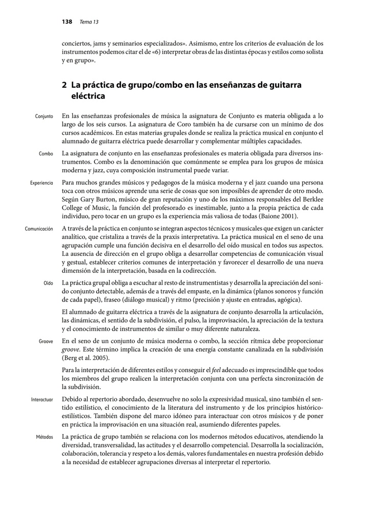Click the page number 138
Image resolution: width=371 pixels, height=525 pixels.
[x=66, y=22]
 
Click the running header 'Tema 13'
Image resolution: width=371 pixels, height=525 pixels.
[x=89, y=22]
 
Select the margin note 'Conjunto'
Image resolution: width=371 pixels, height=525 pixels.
[x=44, y=116]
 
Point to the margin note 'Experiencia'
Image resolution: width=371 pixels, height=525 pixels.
[x=40, y=183]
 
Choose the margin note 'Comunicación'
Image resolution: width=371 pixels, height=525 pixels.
[x=38, y=229]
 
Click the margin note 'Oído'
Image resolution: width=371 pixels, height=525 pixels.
[x=48, y=283]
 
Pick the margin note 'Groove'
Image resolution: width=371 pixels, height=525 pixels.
[x=46, y=341]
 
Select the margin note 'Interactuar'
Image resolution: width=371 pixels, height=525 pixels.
[x=42, y=399]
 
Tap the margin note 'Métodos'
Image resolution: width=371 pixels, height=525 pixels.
[x=45, y=437]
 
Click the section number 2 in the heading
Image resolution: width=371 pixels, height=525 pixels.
[x=64, y=85]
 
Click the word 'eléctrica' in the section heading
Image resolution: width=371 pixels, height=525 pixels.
[x=88, y=96]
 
